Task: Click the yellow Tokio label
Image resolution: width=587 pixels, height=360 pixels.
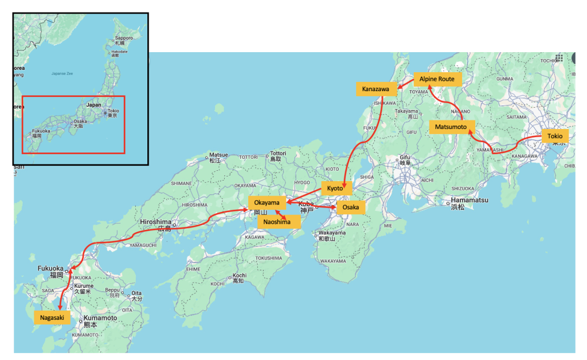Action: (x=554, y=136)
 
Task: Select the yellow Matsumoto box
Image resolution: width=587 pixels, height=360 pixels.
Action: (x=452, y=127)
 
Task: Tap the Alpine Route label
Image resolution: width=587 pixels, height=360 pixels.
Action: (x=437, y=79)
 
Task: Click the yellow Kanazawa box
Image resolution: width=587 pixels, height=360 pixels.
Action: (x=376, y=89)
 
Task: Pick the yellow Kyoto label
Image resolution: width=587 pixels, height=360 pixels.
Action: (x=335, y=188)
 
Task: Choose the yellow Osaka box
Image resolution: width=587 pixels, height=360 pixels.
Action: (x=350, y=207)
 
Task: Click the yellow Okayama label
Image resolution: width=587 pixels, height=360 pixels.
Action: (x=267, y=202)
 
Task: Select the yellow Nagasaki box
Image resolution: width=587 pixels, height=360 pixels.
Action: (x=52, y=317)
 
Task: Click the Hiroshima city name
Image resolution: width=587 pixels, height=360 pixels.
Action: (x=156, y=222)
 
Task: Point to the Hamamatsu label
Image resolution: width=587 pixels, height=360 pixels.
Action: (x=467, y=201)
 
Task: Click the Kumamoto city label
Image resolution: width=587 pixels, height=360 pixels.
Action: (x=100, y=318)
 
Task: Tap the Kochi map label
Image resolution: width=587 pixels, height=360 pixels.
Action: (x=239, y=276)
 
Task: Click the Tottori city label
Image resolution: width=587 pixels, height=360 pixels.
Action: (x=278, y=154)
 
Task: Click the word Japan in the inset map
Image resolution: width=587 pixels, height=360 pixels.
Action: (x=93, y=105)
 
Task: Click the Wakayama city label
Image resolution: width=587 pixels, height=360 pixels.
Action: (x=332, y=233)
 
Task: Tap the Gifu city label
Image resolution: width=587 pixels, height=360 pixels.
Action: (x=406, y=157)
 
